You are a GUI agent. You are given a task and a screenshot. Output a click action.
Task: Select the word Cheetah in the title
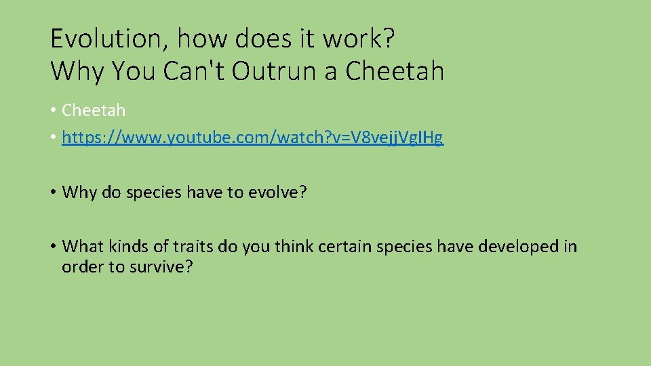[395, 70]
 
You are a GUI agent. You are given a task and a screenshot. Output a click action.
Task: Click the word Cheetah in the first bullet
[94, 110]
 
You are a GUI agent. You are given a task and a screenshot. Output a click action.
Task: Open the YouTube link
[252, 138]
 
